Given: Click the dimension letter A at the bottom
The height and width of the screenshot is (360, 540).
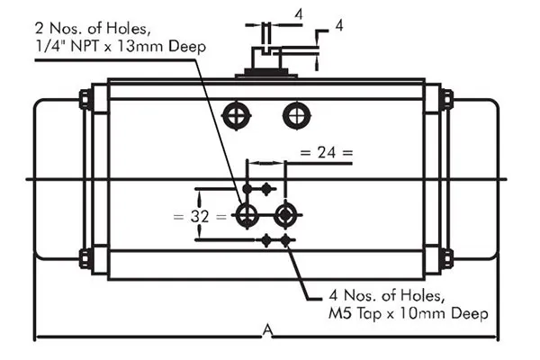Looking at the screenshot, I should pos(267,331).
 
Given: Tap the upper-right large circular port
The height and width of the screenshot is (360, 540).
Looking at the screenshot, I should pos(294,114).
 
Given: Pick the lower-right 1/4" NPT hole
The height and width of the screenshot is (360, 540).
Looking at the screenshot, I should pos(286,214).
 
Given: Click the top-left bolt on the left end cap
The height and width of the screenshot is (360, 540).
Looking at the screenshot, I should pos(85,99).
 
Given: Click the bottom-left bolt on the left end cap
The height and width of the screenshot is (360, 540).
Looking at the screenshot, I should pos(85,259).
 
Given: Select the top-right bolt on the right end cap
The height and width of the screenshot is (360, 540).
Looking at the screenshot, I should pos(446,99).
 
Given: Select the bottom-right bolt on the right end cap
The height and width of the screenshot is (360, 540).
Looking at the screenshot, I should pos(446,259).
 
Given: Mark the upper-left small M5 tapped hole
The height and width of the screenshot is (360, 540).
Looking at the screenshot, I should pos(266,188).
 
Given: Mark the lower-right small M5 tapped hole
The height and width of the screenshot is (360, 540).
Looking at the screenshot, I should pos(286,240).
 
